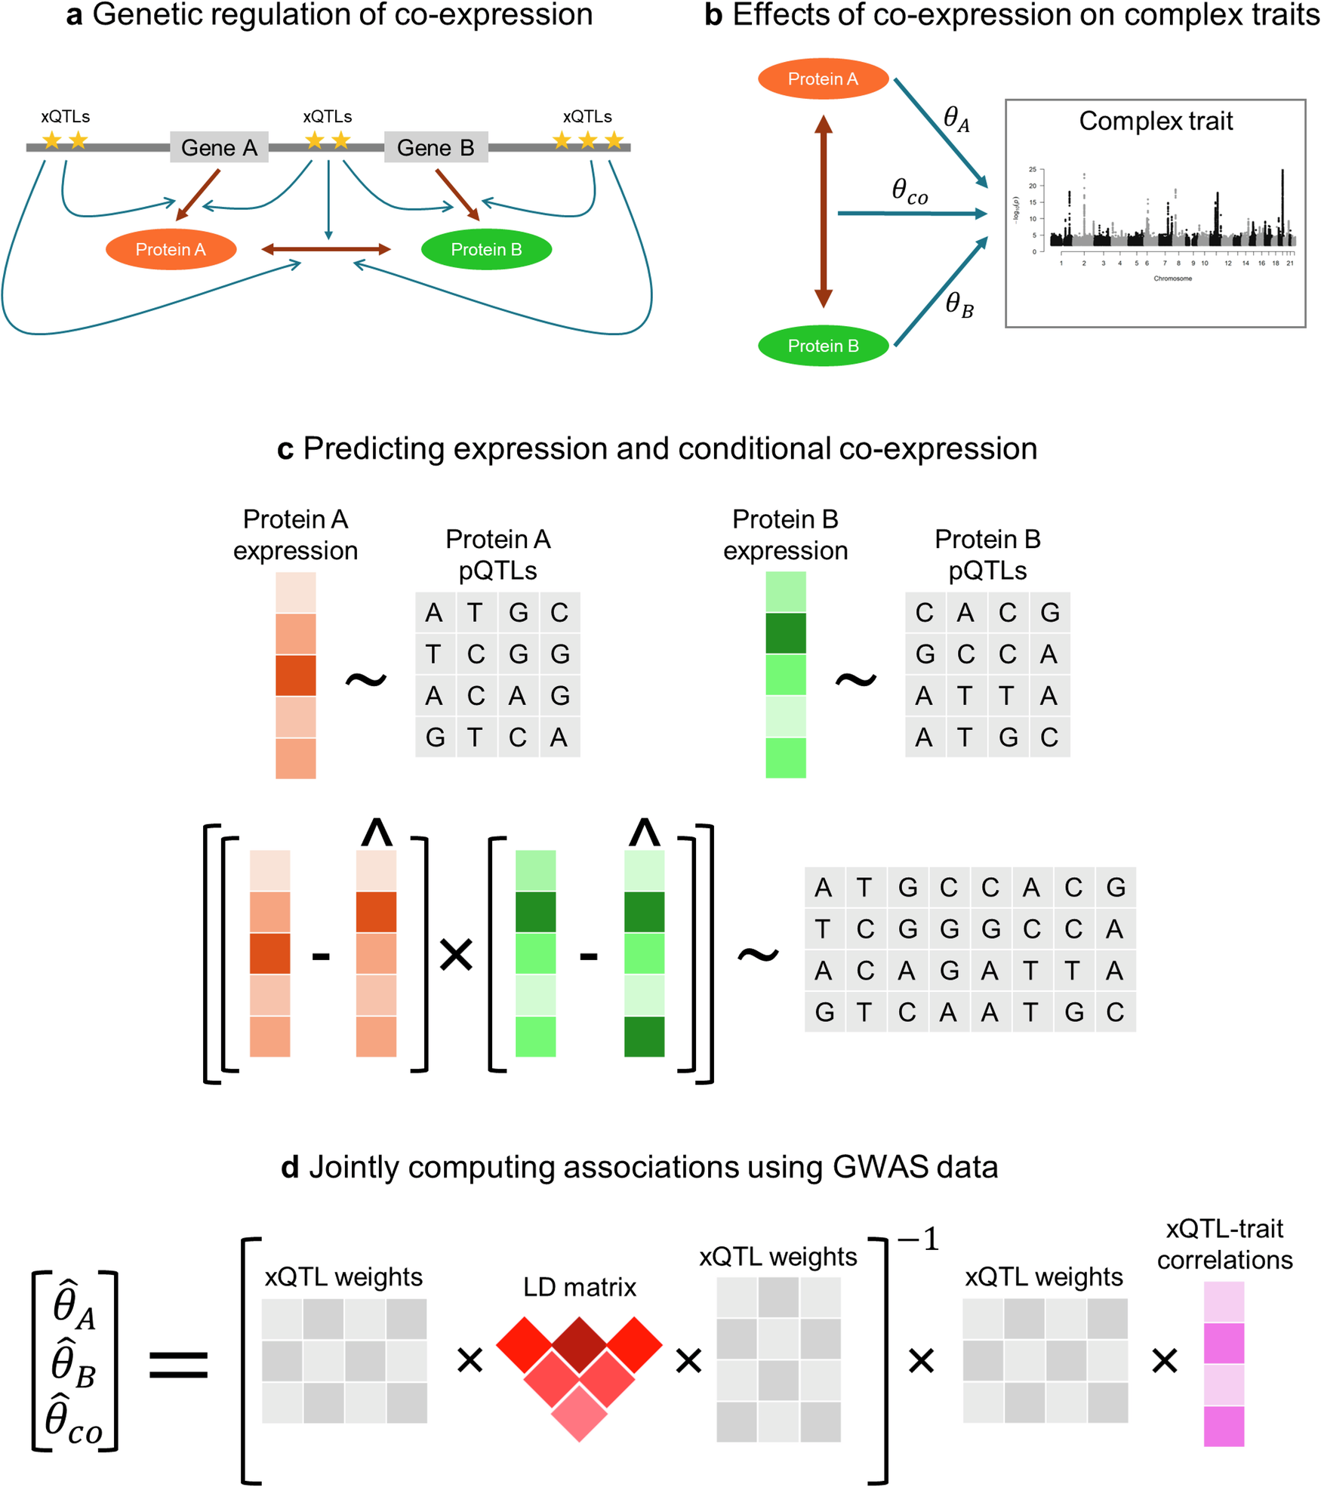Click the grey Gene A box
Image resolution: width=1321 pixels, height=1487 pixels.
(x=219, y=147)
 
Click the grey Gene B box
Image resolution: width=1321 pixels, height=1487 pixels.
(x=436, y=147)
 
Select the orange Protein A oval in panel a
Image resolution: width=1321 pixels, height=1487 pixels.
(x=171, y=249)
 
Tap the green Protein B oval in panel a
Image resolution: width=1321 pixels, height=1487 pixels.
(x=486, y=249)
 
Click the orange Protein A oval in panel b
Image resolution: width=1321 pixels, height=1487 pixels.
(x=823, y=79)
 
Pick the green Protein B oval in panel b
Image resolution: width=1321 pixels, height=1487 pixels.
(x=823, y=346)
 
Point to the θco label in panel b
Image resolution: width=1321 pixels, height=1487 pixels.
(x=909, y=192)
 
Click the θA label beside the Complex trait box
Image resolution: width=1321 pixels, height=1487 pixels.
(x=956, y=119)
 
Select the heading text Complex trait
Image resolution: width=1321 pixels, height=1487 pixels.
(x=1156, y=121)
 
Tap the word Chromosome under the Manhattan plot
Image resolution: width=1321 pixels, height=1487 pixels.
(x=1172, y=279)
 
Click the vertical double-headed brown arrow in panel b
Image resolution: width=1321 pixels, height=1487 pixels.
(x=824, y=211)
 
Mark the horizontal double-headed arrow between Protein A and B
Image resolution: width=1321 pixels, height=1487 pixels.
(x=326, y=249)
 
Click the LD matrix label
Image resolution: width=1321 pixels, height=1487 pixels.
(x=579, y=1286)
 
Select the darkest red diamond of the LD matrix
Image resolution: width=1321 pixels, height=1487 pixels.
(x=579, y=1344)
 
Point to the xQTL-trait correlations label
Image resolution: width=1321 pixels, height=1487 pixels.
(x=1224, y=1244)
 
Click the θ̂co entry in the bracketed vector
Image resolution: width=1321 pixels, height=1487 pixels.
(x=74, y=1420)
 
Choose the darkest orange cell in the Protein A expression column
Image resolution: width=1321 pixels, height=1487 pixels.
(x=295, y=675)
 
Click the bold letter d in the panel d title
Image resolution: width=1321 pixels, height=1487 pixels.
(x=290, y=1168)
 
